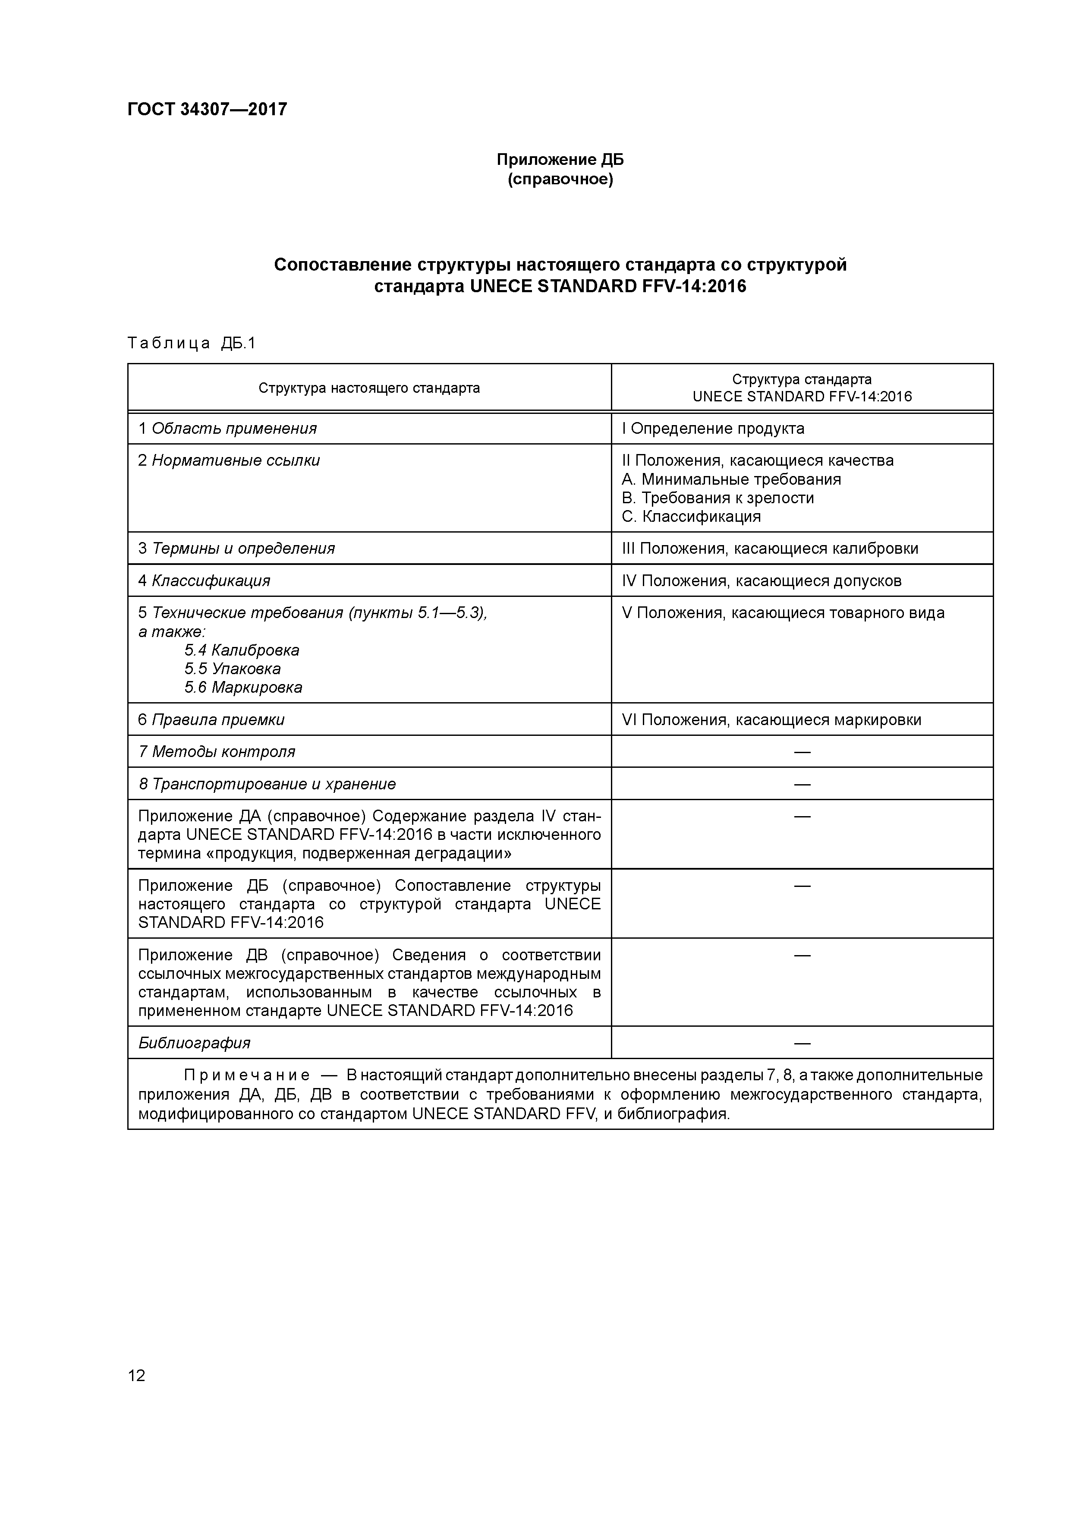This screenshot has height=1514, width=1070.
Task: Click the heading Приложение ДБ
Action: click(x=560, y=160)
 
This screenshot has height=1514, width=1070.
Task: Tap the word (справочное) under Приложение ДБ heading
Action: click(x=560, y=180)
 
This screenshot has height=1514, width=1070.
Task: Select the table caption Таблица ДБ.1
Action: click(x=191, y=343)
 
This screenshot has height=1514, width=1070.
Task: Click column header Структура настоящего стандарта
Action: click(x=369, y=388)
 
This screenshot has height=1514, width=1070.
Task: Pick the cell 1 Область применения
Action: click(x=227, y=429)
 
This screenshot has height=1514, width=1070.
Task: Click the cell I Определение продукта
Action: click(x=713, y=429)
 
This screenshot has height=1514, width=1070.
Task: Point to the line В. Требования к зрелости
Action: click(x=718, y=498)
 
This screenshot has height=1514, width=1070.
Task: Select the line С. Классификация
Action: click(x=691, y=516)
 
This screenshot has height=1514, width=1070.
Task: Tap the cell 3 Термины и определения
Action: click(x=236, y=549)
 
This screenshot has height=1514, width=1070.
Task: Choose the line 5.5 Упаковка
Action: click(x=232, y=669)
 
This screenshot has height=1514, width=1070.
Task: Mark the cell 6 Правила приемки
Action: click(x=211, y=719)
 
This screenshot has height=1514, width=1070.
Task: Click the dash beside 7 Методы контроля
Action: click(x=802, y=752)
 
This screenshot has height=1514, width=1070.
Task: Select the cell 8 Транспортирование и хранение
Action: click(x=267, y=784)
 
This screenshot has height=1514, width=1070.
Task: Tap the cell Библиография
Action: click(x=195, y=1043)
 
